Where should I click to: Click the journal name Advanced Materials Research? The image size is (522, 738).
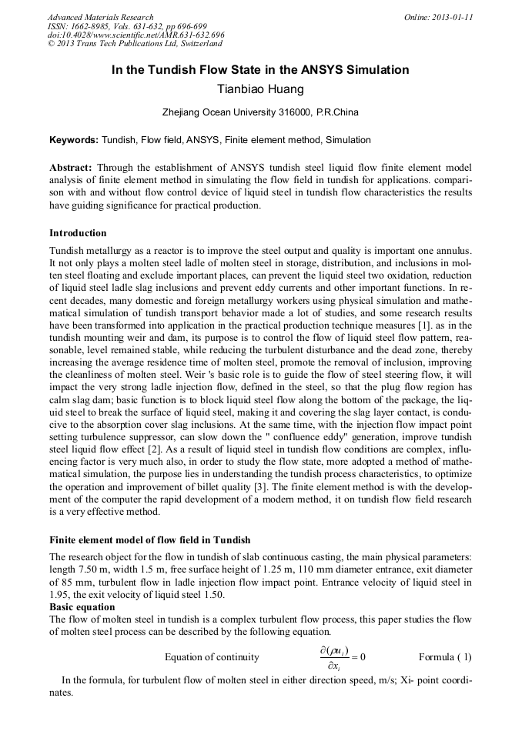(x=100, y=17)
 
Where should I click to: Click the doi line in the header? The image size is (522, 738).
(x=136, y=35)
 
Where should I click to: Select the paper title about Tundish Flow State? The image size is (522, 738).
(x=260, y=70)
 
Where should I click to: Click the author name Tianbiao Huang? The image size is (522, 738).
(x=261, y=90)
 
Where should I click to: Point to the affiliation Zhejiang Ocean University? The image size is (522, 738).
(x=260, y=112)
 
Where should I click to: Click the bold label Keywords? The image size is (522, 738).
(x=74, y=140)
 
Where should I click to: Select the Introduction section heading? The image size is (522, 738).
(x=78, y=233)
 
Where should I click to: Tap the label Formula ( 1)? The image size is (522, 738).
(x=445, y=657)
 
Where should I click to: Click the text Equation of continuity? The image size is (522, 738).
(x=212, y=657)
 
